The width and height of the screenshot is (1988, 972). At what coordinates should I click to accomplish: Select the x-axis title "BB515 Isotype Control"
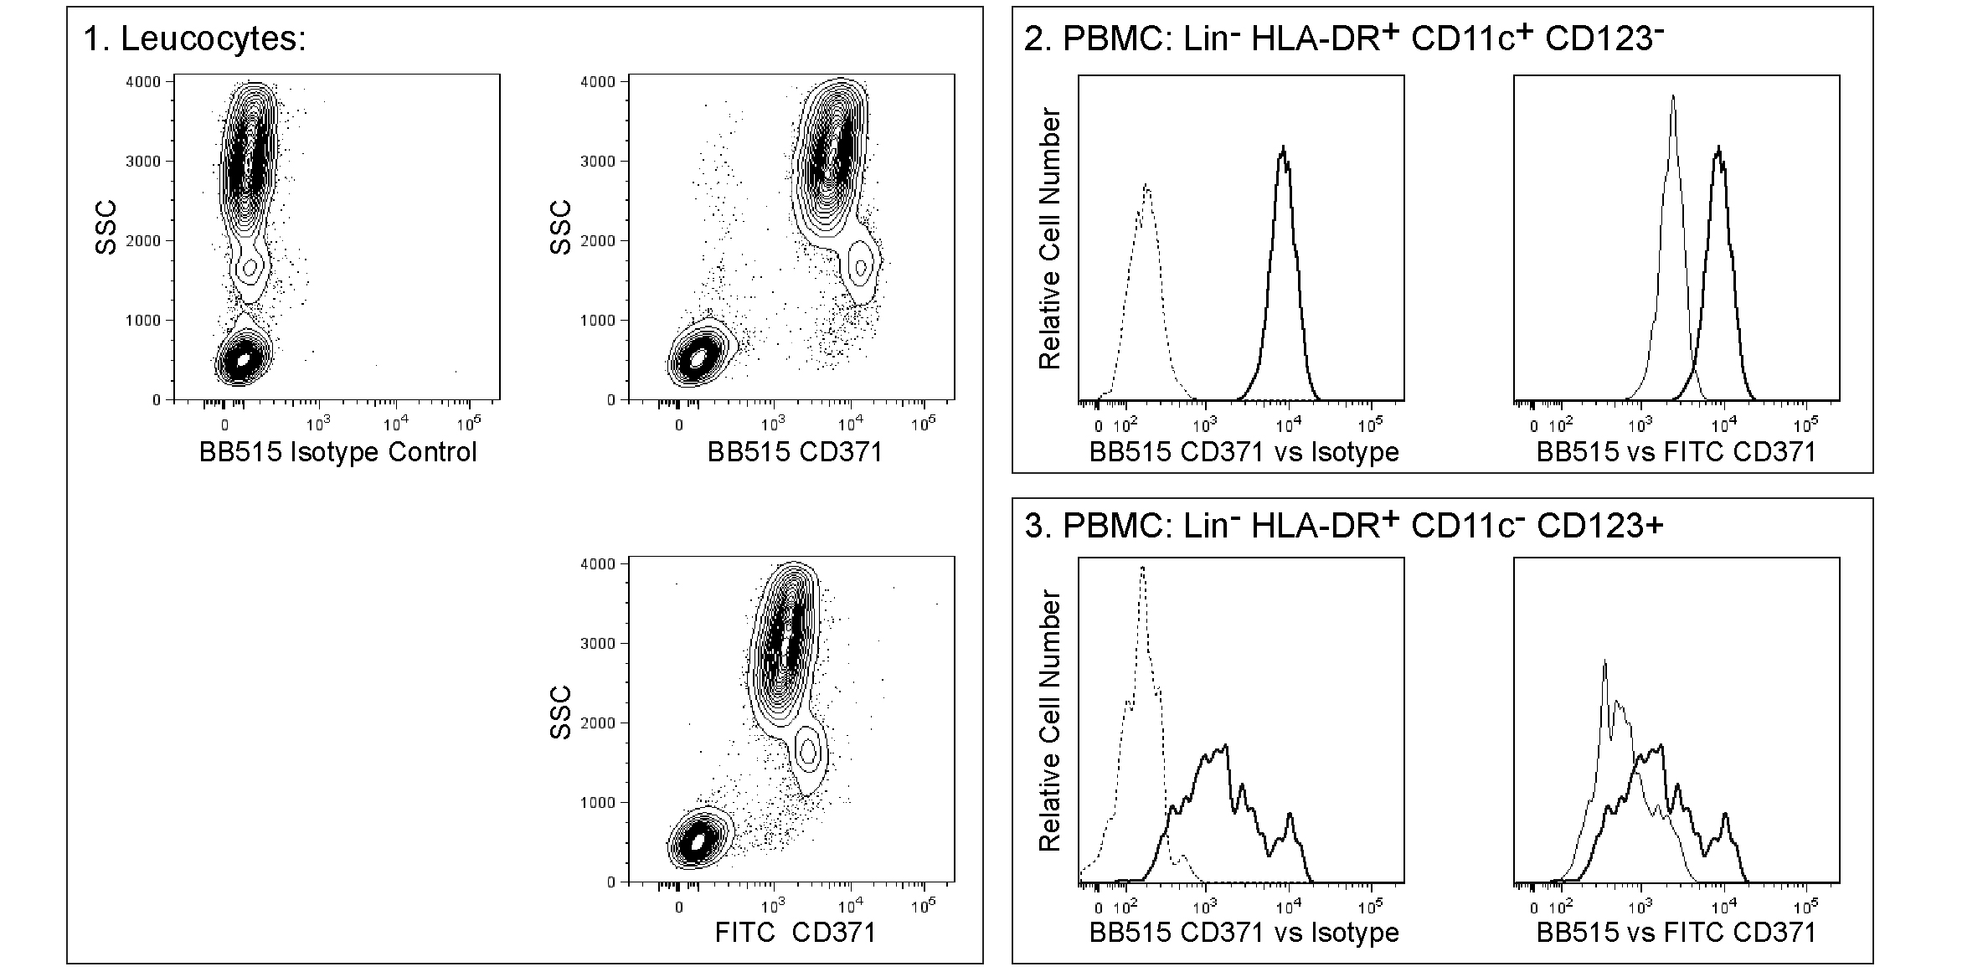pyautogui.click(x=337, y=452)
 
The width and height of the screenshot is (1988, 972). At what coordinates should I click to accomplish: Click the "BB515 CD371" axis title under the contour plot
pyautogui.click(x=795, y=452)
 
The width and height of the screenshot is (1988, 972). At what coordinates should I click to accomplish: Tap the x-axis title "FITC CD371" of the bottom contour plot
pyautogui.click(x=795, y=932)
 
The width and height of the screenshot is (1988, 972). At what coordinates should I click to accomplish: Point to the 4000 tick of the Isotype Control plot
pyautogui.click(x=143, y=82)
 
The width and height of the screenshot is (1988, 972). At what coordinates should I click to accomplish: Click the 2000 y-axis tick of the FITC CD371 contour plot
pyautogui.click(x=598, y=723)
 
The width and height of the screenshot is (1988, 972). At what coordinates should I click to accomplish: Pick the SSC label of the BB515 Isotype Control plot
pyautogui.click(x=106, y=227)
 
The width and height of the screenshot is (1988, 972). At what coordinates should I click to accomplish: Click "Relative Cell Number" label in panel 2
pyautogui.click(x=1049, y=239)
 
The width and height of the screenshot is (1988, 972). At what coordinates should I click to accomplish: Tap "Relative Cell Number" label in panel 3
pyautogui.click(x=1049, y=721)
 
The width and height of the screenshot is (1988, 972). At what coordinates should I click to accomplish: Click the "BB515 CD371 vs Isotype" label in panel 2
pyautogui.click(x=1244, y=452)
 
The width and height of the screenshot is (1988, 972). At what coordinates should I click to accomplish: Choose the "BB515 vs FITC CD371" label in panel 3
pyautogui.click(x=1676, y=932)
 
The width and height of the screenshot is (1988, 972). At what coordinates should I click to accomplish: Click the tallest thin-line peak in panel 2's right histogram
pyautogui.click(x=1672, y=97)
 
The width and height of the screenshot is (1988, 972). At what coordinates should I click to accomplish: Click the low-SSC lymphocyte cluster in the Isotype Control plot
pyautogui.click(x=243, y=359)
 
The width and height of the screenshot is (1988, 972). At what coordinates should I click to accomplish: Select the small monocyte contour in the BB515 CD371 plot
pyautogui.click(x=860, y=267)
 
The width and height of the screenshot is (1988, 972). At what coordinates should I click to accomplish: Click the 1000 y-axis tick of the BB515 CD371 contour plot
pyautogui.click(x=598, y=321)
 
